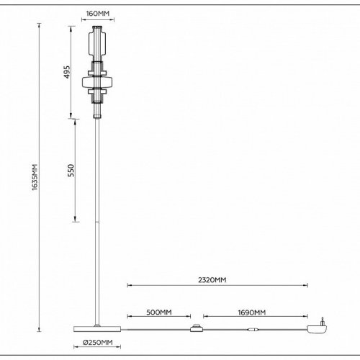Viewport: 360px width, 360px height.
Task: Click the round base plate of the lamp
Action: click(99, 327)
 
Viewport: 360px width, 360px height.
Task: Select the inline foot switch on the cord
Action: click(194, 330)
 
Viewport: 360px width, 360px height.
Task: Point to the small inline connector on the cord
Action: click(251, 330)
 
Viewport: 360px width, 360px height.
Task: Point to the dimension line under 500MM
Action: click(158, 317)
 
